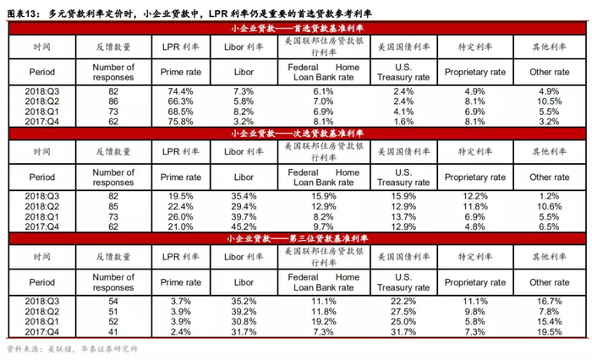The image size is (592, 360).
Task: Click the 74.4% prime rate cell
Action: [181, 90]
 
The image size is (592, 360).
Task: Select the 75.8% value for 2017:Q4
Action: [181, 121]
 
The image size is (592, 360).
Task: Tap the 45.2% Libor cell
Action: [243, 226]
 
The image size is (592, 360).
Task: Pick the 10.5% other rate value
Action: [544, 101]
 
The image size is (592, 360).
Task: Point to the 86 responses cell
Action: [112, 101]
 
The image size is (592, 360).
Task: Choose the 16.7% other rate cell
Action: [544, 300]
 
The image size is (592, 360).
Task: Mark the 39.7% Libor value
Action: [243, 215]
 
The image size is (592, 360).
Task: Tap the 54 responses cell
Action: [112, 300]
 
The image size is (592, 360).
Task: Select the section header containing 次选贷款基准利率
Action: [295, 134]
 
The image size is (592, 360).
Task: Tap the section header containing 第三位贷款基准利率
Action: [295, 238]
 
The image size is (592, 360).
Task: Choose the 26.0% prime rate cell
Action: [181, 215]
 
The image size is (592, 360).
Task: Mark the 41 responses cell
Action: [112, 330]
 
